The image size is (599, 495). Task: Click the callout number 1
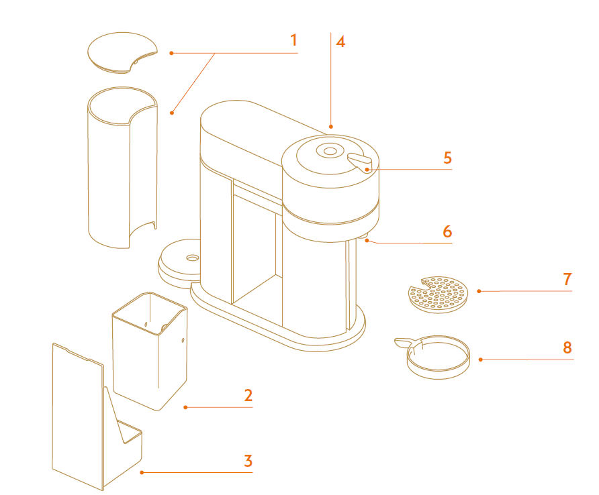(x=293, y=40)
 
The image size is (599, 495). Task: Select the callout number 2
(x=248, y=395)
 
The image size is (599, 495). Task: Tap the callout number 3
(x=248, y=461)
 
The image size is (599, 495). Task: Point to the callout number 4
(x=340, y=42)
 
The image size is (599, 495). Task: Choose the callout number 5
(x=447, y=158)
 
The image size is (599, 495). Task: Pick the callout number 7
(x=567, y=278)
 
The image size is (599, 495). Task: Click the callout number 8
(x=567, y=347)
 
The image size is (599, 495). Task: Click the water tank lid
(x=122, y=52)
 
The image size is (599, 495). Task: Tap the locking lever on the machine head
(x=360, y=162)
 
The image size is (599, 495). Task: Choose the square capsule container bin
(x=149, y=352)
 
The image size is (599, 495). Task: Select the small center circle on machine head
(x=330, y=151)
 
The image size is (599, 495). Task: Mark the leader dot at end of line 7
(x=479, y=291)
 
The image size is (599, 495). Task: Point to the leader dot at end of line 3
(x=142, y=473)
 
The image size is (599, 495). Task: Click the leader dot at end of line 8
(x=481, y=360)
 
